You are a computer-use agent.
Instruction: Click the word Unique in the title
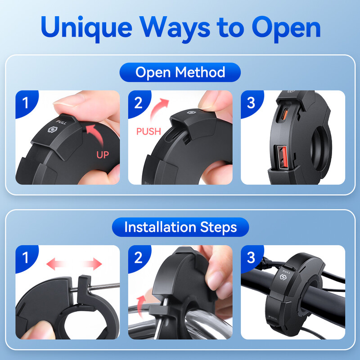[86, 27]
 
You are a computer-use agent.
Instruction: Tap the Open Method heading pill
[180, 72]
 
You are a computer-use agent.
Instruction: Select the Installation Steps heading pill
[180, 227]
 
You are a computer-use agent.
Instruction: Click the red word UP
[103, 155]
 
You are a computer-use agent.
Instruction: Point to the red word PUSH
[148, 131]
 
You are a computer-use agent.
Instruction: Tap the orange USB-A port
[283, 158]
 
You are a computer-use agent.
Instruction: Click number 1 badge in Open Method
[26, 103]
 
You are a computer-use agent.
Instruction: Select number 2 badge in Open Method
[139, 103]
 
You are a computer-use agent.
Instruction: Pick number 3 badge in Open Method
[252, 103]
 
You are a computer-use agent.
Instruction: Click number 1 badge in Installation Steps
[26, 257]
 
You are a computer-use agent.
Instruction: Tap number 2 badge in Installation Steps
[139, 257]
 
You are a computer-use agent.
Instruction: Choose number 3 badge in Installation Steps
[252, 257]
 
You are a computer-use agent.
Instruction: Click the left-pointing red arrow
[55, 264]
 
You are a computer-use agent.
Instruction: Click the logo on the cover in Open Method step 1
[52, 130]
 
